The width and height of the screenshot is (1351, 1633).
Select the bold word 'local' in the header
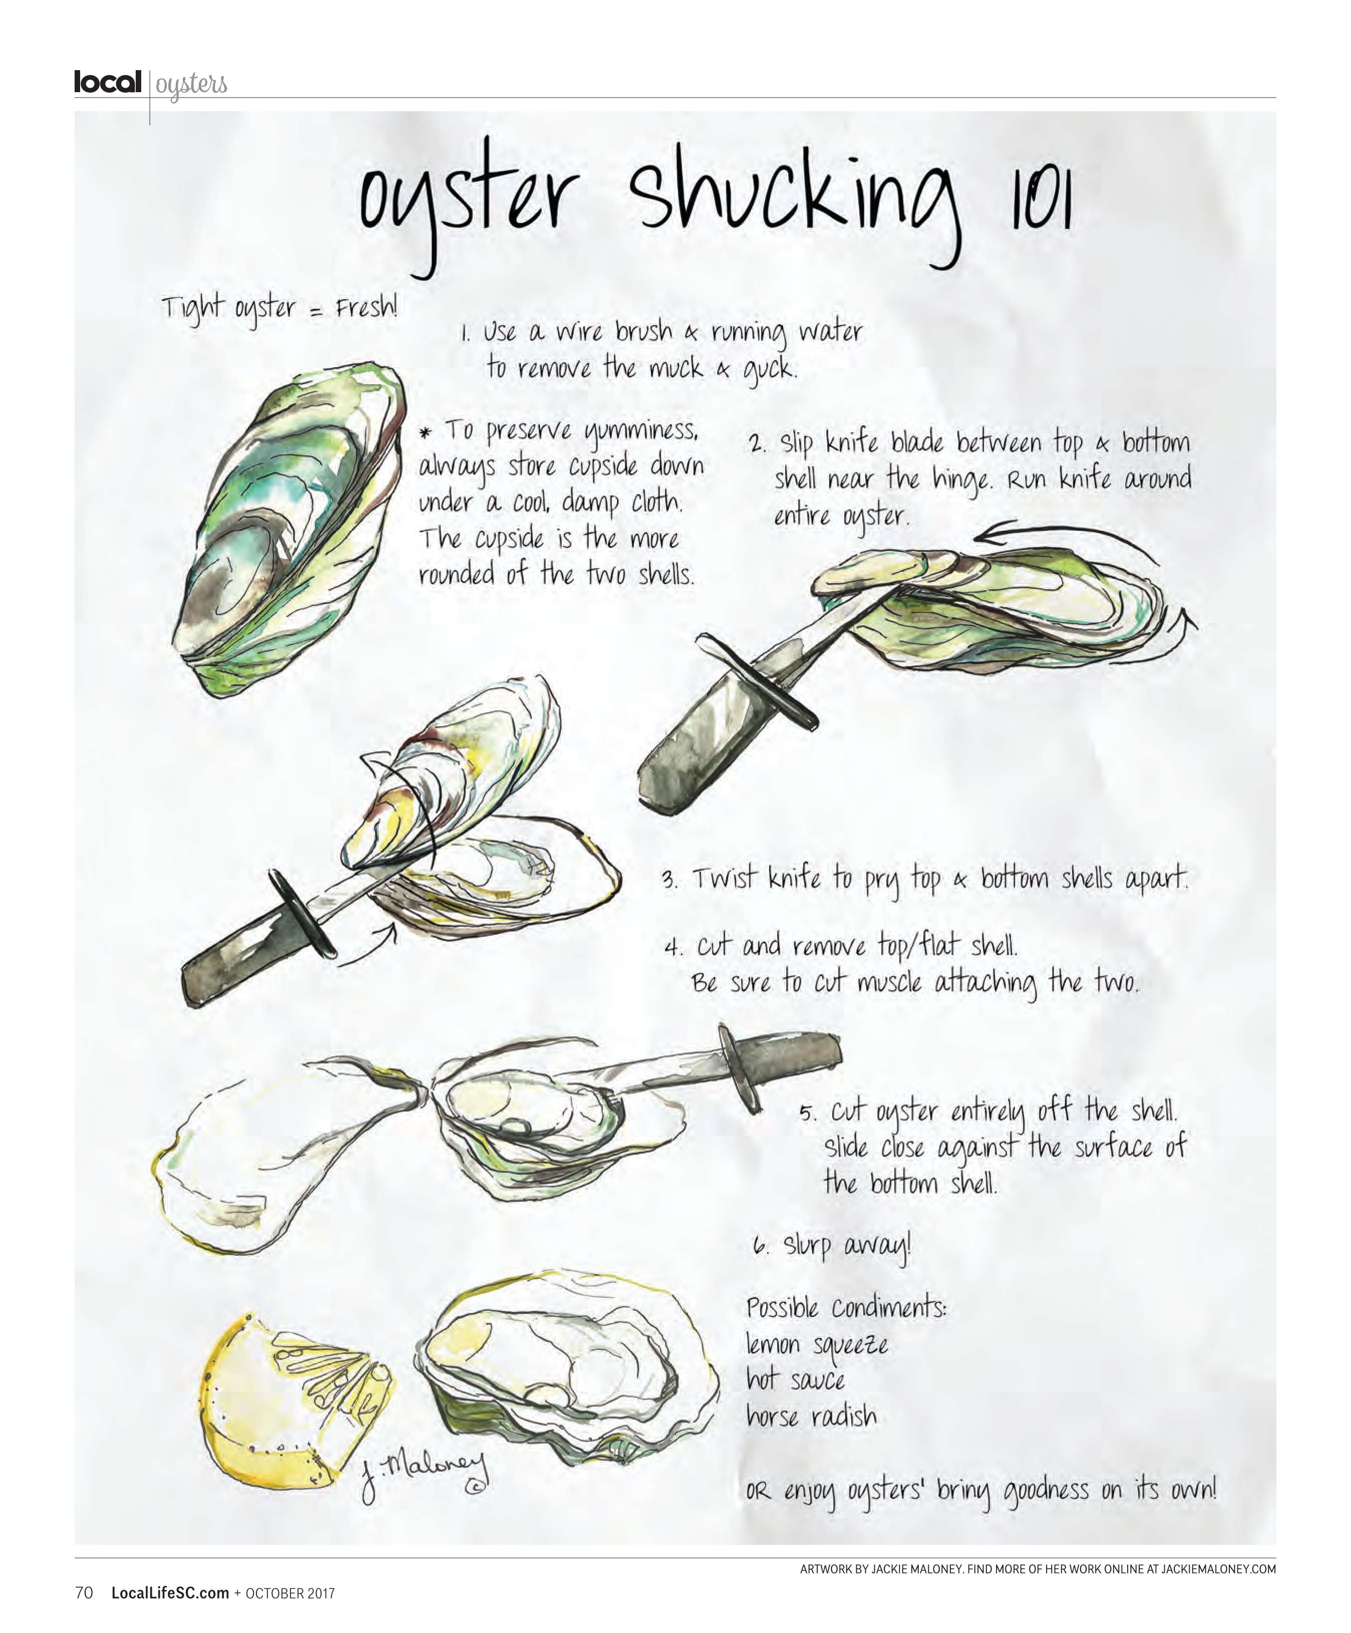[107, 82]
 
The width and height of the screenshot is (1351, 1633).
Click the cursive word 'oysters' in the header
[191, 84]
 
